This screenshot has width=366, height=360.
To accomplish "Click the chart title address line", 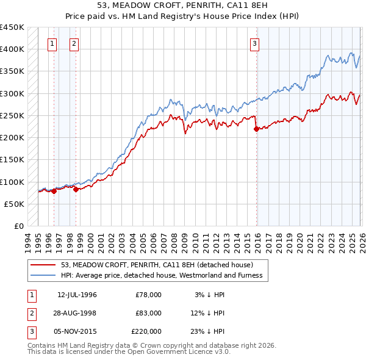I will click(182, 7).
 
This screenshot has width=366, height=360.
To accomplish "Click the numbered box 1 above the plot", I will click(52, 43).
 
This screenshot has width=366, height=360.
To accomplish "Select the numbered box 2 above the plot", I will click(74, 43).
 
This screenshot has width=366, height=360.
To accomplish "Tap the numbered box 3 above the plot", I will click(254, 43).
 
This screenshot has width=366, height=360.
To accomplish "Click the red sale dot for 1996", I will click(54, 191).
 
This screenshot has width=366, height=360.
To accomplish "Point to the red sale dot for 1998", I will click(76, 189).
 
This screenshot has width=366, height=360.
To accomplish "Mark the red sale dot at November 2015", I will click(256, 129).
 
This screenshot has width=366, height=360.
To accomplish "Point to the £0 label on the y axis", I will click(18, 226).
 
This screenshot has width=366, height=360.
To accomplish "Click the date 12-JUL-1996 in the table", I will click(77, 295).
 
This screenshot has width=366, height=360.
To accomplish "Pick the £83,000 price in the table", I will click(148, 313).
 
